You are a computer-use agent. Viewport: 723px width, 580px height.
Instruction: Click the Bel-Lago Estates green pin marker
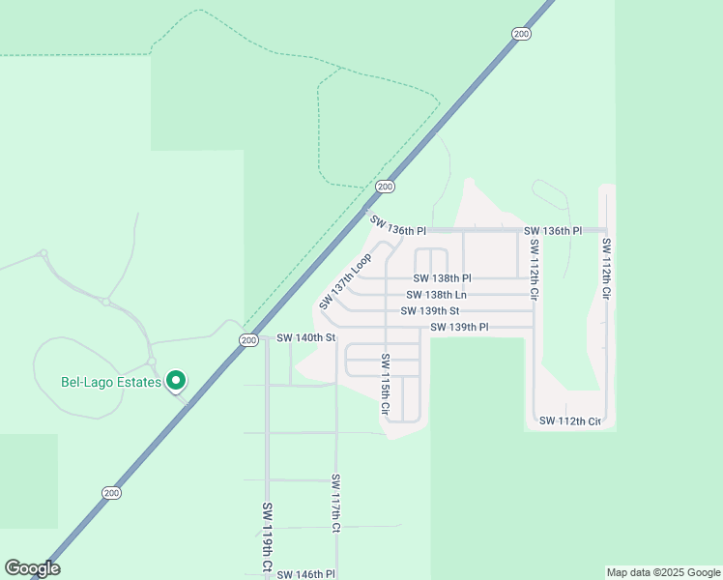click(176, 381)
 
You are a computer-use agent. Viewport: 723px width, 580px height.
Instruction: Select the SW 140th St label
click(305, 338)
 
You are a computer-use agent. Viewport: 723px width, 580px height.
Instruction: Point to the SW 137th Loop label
click(345, 282)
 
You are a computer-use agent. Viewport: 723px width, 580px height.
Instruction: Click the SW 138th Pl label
click(442, 278)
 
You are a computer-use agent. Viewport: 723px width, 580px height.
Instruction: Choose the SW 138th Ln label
click(436, 295)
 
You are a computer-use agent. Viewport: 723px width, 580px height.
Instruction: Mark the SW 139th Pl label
click(459, 328)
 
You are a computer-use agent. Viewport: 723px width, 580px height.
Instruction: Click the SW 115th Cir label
click(385, 385)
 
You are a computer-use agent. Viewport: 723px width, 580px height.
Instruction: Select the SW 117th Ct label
click(335, 504)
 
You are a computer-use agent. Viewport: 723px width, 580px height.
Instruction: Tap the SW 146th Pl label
click(305, 574)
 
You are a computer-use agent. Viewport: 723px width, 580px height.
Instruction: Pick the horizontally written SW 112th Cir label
click(570, 421)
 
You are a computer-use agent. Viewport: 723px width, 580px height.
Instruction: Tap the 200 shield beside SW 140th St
click(248, 340)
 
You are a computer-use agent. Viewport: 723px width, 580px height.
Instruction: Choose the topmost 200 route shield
click(522, 34)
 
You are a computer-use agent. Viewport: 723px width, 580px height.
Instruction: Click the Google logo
click(32, 568)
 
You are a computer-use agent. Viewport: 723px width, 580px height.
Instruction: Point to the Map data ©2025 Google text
click(663, 572)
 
